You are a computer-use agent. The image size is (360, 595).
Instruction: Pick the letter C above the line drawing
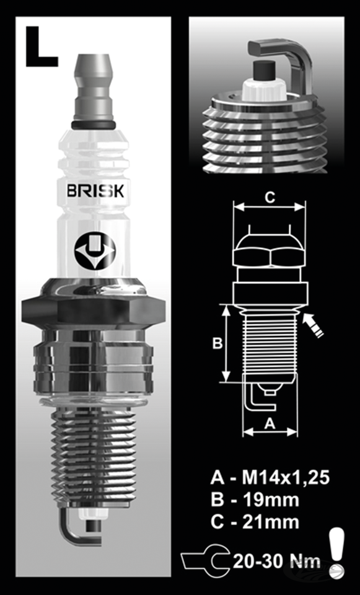pyautogui.click(x=270, y=198)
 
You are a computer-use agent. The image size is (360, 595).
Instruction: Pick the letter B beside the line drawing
pyautogui.click(x=217, y=343)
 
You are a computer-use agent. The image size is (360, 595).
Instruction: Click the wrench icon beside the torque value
pyautogui.click(x=205, y=561)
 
